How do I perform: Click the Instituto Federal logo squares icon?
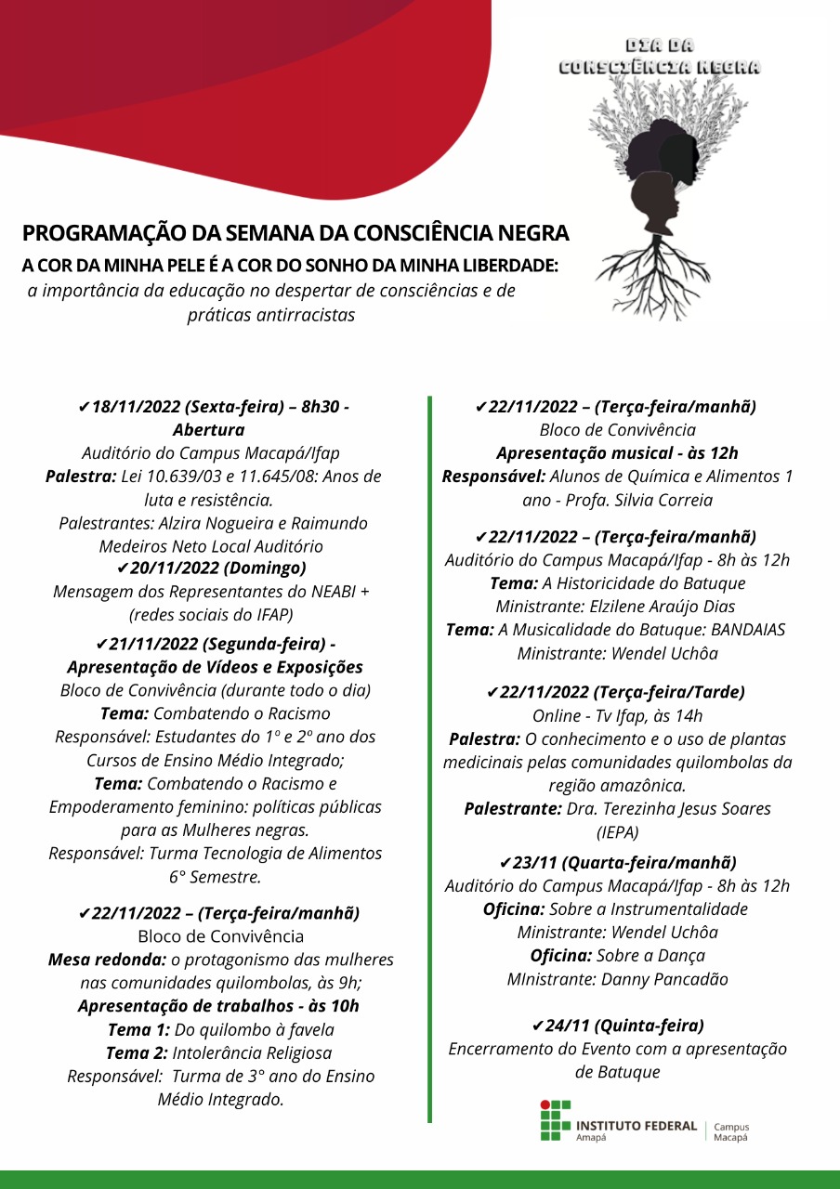pos(556,1121)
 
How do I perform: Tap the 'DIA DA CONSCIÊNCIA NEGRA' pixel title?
pos(659,57)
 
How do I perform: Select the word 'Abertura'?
pos(208,430)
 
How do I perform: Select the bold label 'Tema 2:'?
pos(137,1052)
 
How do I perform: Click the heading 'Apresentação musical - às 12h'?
pos(617,453)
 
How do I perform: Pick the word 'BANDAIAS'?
pos(739,630)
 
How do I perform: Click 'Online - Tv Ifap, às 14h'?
pos(617,715)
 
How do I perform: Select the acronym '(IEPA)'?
pos(617,831)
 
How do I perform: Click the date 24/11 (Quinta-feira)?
pos(617,1026)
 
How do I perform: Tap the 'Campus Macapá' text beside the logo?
pos(730,1131)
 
